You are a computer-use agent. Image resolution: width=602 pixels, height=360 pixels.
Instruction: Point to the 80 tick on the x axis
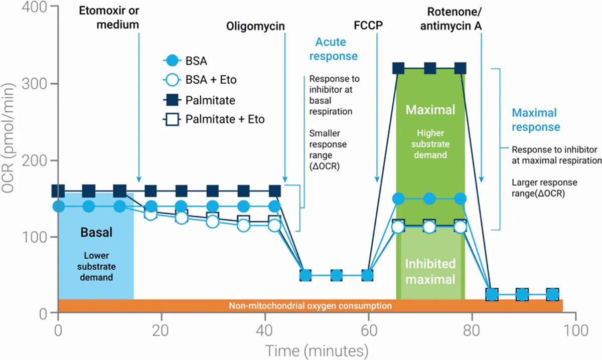click(472, 331)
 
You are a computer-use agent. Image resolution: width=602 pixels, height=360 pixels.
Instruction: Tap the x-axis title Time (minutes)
click(317, 350)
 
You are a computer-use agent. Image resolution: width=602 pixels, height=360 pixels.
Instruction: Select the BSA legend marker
click(171, 62)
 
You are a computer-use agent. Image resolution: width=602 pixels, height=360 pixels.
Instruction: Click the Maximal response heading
click(535, 120)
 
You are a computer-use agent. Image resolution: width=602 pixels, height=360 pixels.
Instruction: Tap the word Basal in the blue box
click(95, 233)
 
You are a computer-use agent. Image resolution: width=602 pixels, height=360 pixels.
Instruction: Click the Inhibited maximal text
click(430, 271)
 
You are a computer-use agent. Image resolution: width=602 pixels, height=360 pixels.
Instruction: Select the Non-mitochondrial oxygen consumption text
click(310, 305)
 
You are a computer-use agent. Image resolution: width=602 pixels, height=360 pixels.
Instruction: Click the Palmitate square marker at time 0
click(58, 191)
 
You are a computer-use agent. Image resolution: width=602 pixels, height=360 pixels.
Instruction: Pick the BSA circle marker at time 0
click(58, 206)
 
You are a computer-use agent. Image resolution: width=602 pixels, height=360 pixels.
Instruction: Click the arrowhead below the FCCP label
click(377, 181)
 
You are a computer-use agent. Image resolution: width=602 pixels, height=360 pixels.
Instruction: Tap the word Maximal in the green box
click(430, 109)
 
